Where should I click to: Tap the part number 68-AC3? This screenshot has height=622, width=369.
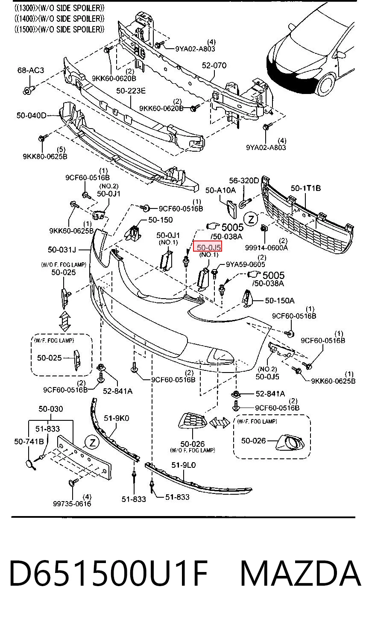(31, 70)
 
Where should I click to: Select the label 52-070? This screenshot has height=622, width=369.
(214, 65)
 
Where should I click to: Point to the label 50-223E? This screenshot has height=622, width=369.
(131, 91)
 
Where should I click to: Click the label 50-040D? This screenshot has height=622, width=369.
(31, 115)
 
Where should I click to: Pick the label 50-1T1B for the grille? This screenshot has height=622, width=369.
(306, 188)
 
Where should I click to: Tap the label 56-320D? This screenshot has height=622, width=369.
(244, 181)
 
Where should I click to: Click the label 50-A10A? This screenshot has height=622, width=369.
(220, 190)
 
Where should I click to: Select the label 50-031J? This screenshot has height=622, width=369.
(61, 249)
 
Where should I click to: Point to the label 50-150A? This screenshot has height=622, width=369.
(280, 300)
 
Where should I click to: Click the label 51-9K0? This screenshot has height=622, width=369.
(116, 418)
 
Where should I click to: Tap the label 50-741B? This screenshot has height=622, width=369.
(29, 441)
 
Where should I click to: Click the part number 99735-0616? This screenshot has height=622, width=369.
(72, 503)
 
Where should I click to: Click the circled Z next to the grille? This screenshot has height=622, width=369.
(251, 220)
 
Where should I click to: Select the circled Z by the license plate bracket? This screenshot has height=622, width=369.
(92, 442)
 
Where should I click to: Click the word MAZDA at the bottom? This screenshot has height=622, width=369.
(300, 573)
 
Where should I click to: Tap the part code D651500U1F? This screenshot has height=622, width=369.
(108, 573)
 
